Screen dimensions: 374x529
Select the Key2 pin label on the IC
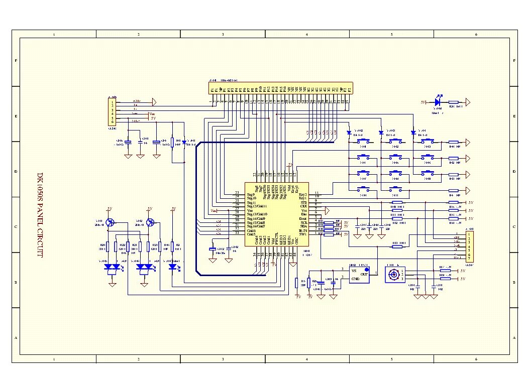(x=302, y=194)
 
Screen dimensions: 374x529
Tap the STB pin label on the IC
(x=303, y=202)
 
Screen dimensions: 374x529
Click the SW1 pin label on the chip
(x=303, y=234)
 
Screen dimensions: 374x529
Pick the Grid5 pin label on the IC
(x=251, y=234)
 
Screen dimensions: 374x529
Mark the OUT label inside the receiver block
(x=364, y=275)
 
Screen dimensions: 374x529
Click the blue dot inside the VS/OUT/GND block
(x=366, y=270)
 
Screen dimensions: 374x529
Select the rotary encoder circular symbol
(x=393, y=275)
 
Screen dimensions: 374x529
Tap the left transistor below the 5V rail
(x=113, y=222)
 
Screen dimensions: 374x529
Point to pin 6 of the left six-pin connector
(x=113, y=122)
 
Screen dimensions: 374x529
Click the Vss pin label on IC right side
(x=303, y=210)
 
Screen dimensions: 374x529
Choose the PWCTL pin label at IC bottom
(x=276, y=240)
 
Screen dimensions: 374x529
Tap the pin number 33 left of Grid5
(x=237, y=233)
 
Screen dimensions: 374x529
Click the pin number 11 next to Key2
(x=316, y=193)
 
